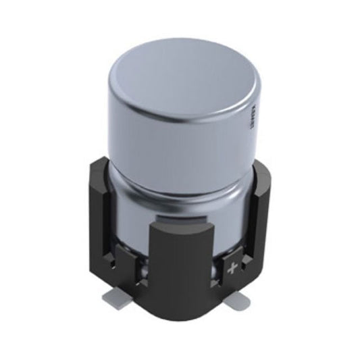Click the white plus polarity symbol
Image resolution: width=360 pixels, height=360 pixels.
(234, 269)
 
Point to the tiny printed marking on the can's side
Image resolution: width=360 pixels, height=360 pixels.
(248, 122)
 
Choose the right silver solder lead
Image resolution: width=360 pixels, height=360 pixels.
(239, 301)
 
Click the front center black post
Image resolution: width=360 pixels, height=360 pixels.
(180, 284)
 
